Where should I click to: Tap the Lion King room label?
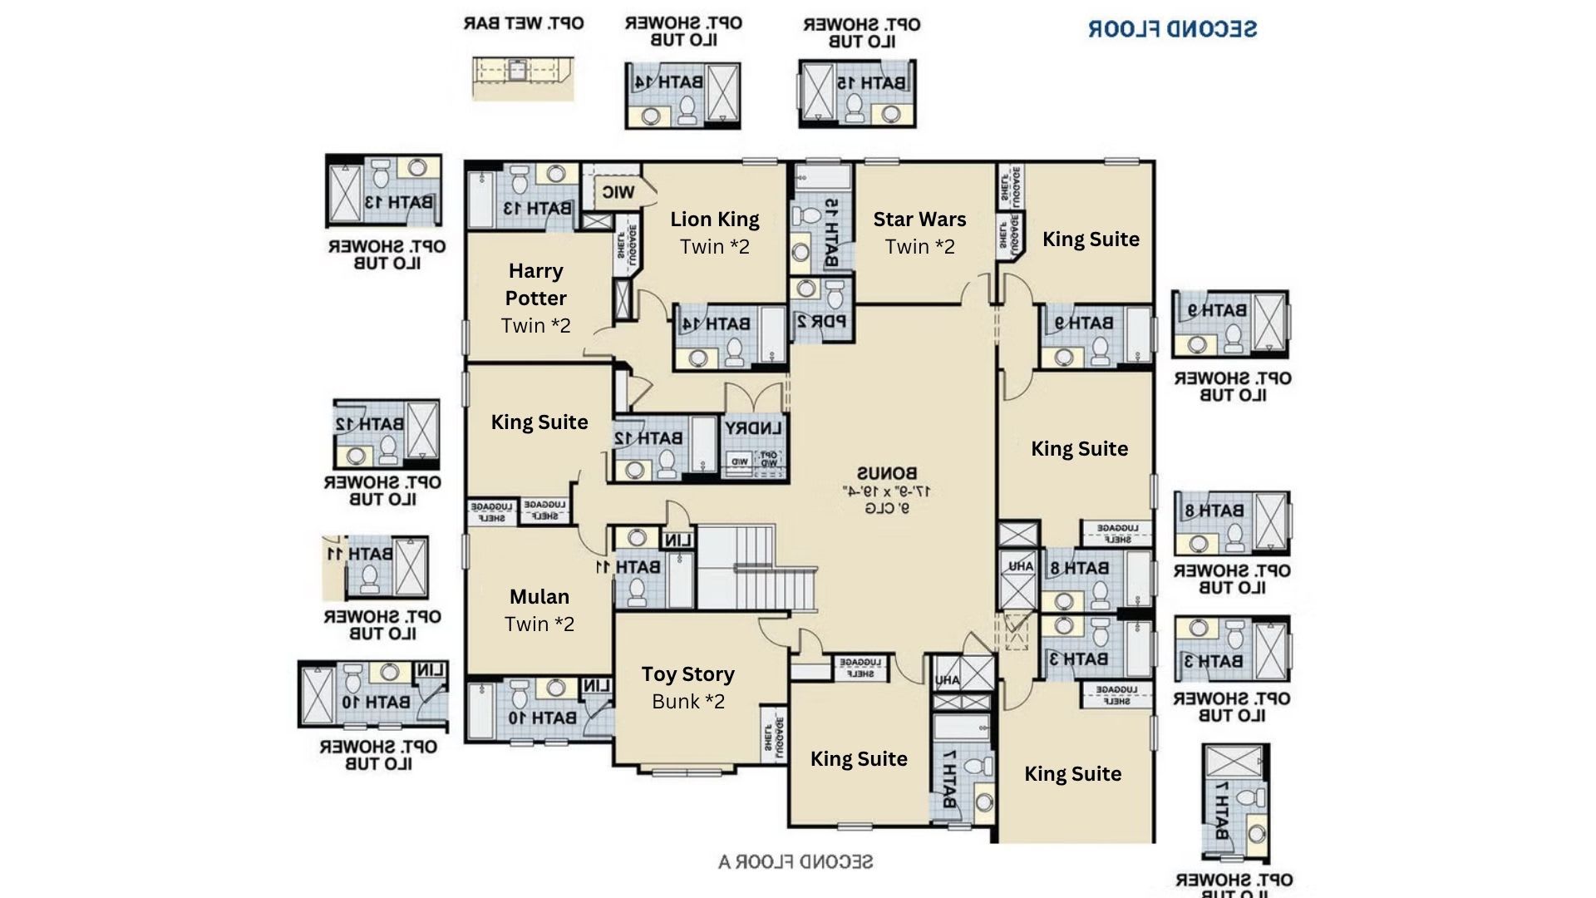click(715, 220)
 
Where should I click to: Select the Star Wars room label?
click(919, 220)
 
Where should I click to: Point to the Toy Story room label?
click(688, 674)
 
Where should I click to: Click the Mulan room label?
click(539, 597)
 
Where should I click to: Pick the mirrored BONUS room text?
click(887, 474)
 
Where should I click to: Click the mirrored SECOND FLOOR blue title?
click(1172, 29)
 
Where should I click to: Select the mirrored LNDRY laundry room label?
click(753, 429)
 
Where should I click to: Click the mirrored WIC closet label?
click(618, 193)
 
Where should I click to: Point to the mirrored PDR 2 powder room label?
click(821, 321)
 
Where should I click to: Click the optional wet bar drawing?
click(522, 78)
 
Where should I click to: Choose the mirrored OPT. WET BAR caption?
click(524, 23)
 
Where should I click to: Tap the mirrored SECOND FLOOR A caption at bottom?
click(796, 861)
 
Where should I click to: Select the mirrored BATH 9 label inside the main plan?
click(1084, 323)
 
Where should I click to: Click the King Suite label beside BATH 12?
click(539, 422)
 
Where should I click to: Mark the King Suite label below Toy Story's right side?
click(859, 759)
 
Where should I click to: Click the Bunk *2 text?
click(688, 702)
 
